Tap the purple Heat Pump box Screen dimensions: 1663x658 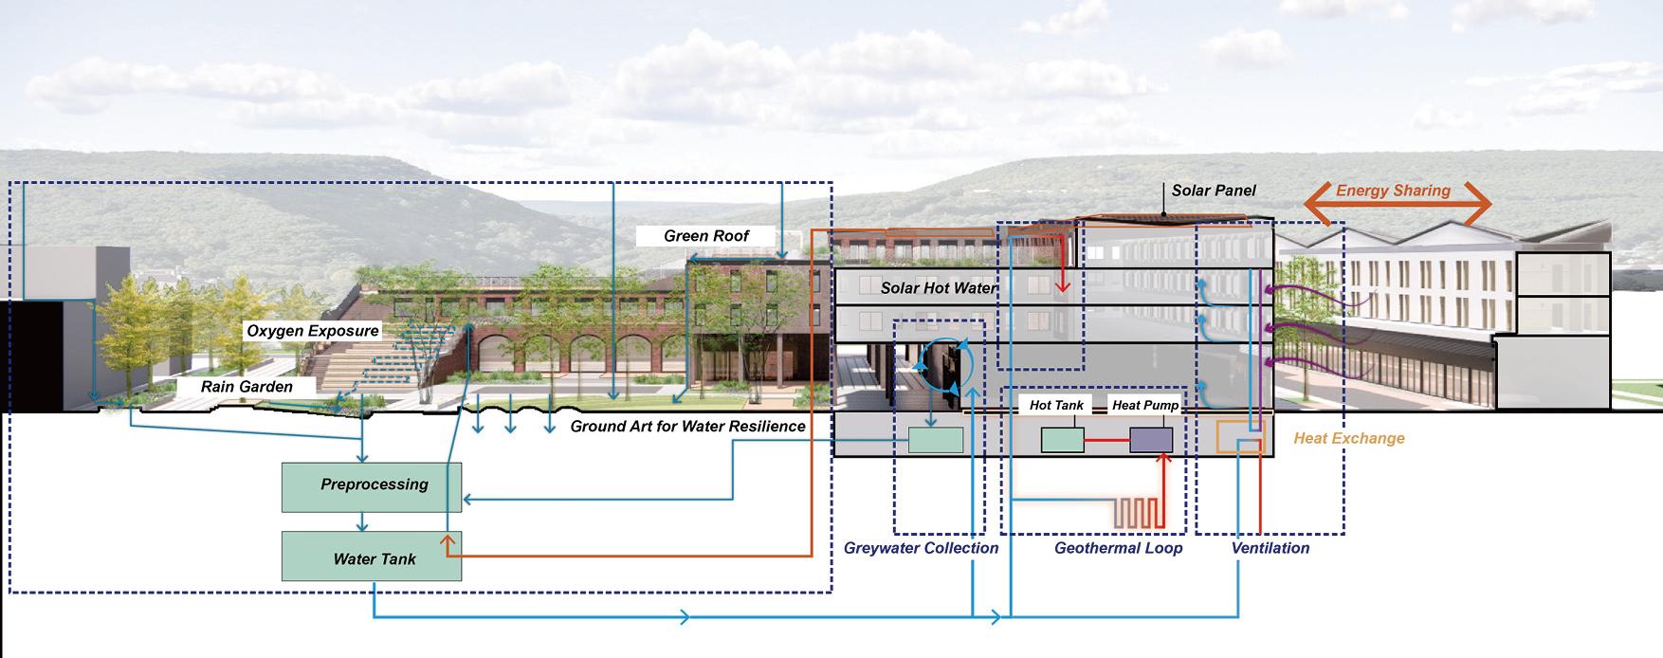(x=1150, y=441)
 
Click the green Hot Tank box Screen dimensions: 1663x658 (x=1062, y=441)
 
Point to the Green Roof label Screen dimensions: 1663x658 (x=706, y=236)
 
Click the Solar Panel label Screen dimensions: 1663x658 (x=1214, y=191)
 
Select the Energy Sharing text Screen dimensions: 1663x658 (x=1393, y=191)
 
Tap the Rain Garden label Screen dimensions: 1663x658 (x=247, y=387)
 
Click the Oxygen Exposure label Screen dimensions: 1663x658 (x=313, y=332)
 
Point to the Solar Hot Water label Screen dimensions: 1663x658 (x=939, y=288)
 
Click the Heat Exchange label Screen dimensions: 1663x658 (x=1348, y=438)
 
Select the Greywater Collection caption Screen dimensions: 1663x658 (x=921, y=548)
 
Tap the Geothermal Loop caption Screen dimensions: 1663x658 (x=1118, y=548)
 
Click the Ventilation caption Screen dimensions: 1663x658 (x=1270, y=548)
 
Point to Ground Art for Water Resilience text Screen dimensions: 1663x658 (x=687, y=427)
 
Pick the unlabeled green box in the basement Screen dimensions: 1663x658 (x=936, y=440)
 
